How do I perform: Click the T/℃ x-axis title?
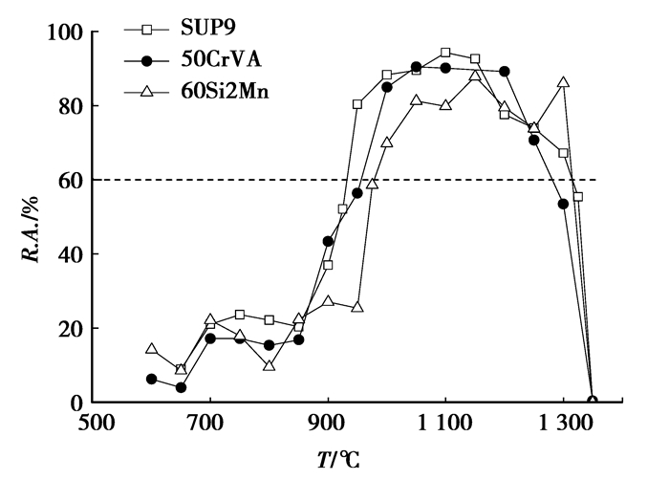click(332, 460)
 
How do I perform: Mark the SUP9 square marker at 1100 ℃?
click(445, 53)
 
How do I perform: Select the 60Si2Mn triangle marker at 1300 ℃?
click(564, 83)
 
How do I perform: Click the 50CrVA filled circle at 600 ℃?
click(151, 379)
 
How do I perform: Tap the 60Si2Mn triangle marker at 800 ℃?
click(270, 365)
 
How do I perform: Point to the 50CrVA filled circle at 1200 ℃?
click(505, 72)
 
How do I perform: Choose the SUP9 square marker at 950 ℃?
click(357, 104)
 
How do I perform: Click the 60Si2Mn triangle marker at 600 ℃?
click(151, 349)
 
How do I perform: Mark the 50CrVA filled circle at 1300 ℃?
click(564, 204)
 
